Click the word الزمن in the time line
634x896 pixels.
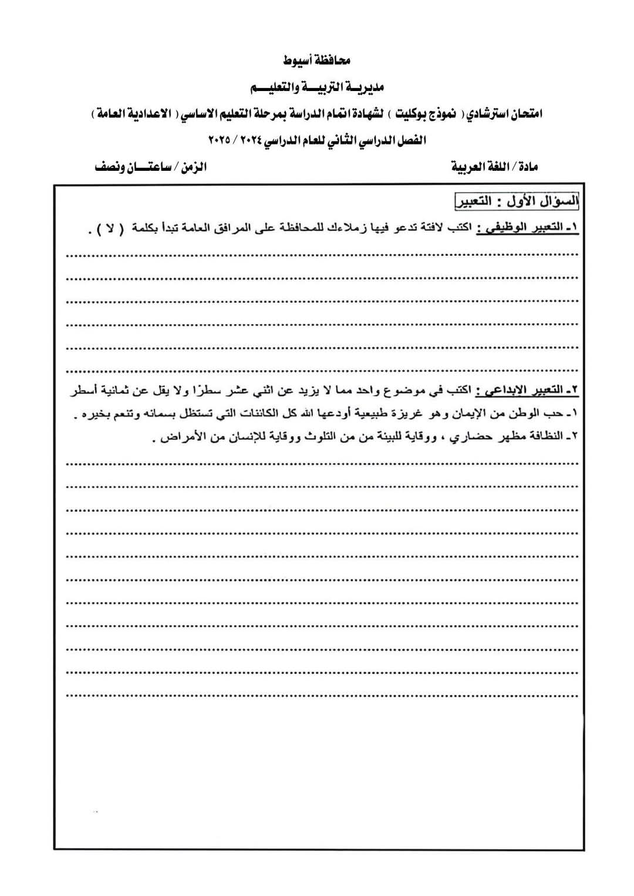194,167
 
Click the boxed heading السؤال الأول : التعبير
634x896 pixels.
517,201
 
